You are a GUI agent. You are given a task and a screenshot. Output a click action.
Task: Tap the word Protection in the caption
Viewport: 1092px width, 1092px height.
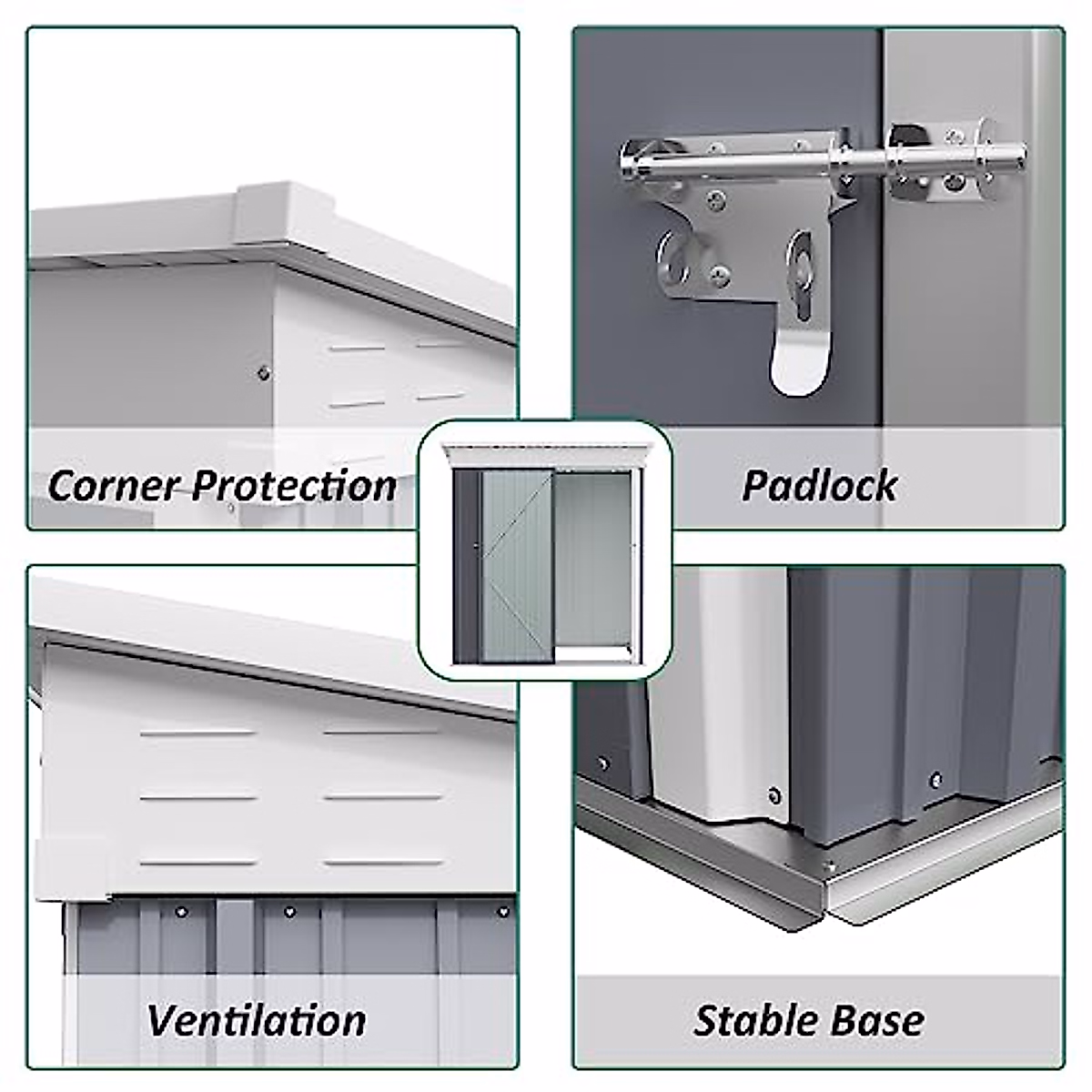pyautogui.click(x=295, y=485)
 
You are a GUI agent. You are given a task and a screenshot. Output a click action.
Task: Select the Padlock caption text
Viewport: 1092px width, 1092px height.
pyautogui.click(x=819, y=485)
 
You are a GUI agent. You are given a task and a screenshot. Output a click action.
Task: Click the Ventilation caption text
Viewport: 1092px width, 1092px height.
pyautogui.click(x=258, y=1020)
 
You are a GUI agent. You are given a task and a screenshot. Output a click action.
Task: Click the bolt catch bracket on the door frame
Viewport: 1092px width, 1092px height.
pyautogui.click(x=937, y=164)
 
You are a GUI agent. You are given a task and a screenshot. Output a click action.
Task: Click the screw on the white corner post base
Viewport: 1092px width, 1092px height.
pyautogui.click(x=774, y=794)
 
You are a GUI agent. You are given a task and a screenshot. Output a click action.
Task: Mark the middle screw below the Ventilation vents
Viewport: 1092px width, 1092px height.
pyautogui.click(x=290, y=911)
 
